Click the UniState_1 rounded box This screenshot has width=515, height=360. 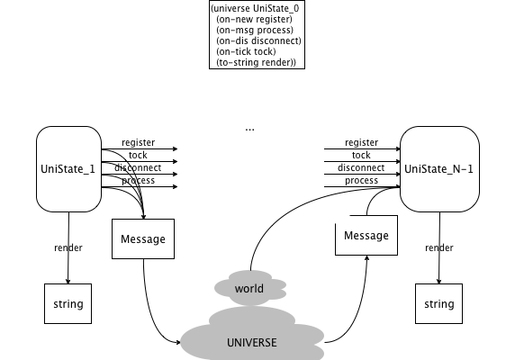click(68, 169)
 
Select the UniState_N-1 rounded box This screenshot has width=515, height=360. click(439, 169)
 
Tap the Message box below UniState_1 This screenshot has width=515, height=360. click(143, 238)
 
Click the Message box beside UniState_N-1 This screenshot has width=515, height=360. click(366, 235)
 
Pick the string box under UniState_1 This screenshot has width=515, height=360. click(68, 303)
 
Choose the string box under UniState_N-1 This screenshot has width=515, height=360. click(438, 303)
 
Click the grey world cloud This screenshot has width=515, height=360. click(250, 288)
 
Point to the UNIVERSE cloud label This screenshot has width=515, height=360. click(252, 343)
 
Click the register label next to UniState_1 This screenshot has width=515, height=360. click(139, 143)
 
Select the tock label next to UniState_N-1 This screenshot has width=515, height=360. click(361, 155)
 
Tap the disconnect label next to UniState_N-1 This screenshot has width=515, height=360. click(361, 167)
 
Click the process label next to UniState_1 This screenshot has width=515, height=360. click(139, 181)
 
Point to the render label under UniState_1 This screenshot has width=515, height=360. click(68, 247)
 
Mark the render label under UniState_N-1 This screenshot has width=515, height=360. click(439, 247)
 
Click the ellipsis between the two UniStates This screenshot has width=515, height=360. click(250, 130)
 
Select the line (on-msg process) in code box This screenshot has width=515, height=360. click(255, 31)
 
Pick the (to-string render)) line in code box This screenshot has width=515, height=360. click(257, 63)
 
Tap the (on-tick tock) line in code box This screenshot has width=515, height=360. click(247, 52)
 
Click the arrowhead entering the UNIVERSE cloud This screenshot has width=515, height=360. click(178, 342)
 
